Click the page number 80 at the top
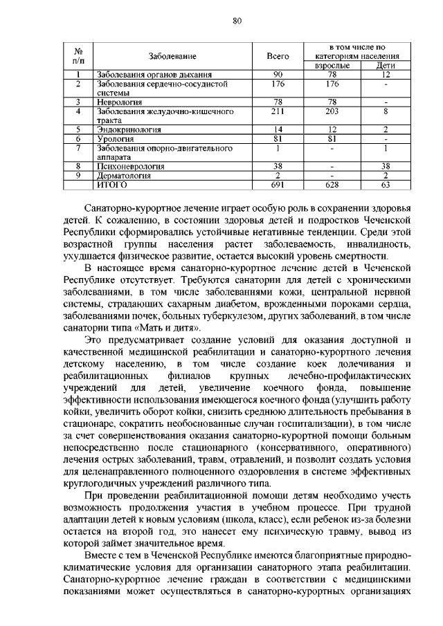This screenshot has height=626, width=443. [x=235, y=21]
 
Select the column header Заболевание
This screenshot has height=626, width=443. [x=172, y=55]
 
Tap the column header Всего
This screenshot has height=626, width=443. [x=278, y=55]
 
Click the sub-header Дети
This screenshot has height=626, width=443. [x=386, y=65]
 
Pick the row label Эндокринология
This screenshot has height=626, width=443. [x=129, y=129]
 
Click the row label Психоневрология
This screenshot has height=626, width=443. [x=131, y=167]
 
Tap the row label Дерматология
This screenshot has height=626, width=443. [x=125, y=176]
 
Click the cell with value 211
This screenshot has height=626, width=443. [x=278, y=110]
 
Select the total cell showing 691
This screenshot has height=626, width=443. [x=278, y=185]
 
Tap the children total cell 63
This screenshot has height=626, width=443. [x=386, y=185]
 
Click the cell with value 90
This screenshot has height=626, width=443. [x=278, y=74]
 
